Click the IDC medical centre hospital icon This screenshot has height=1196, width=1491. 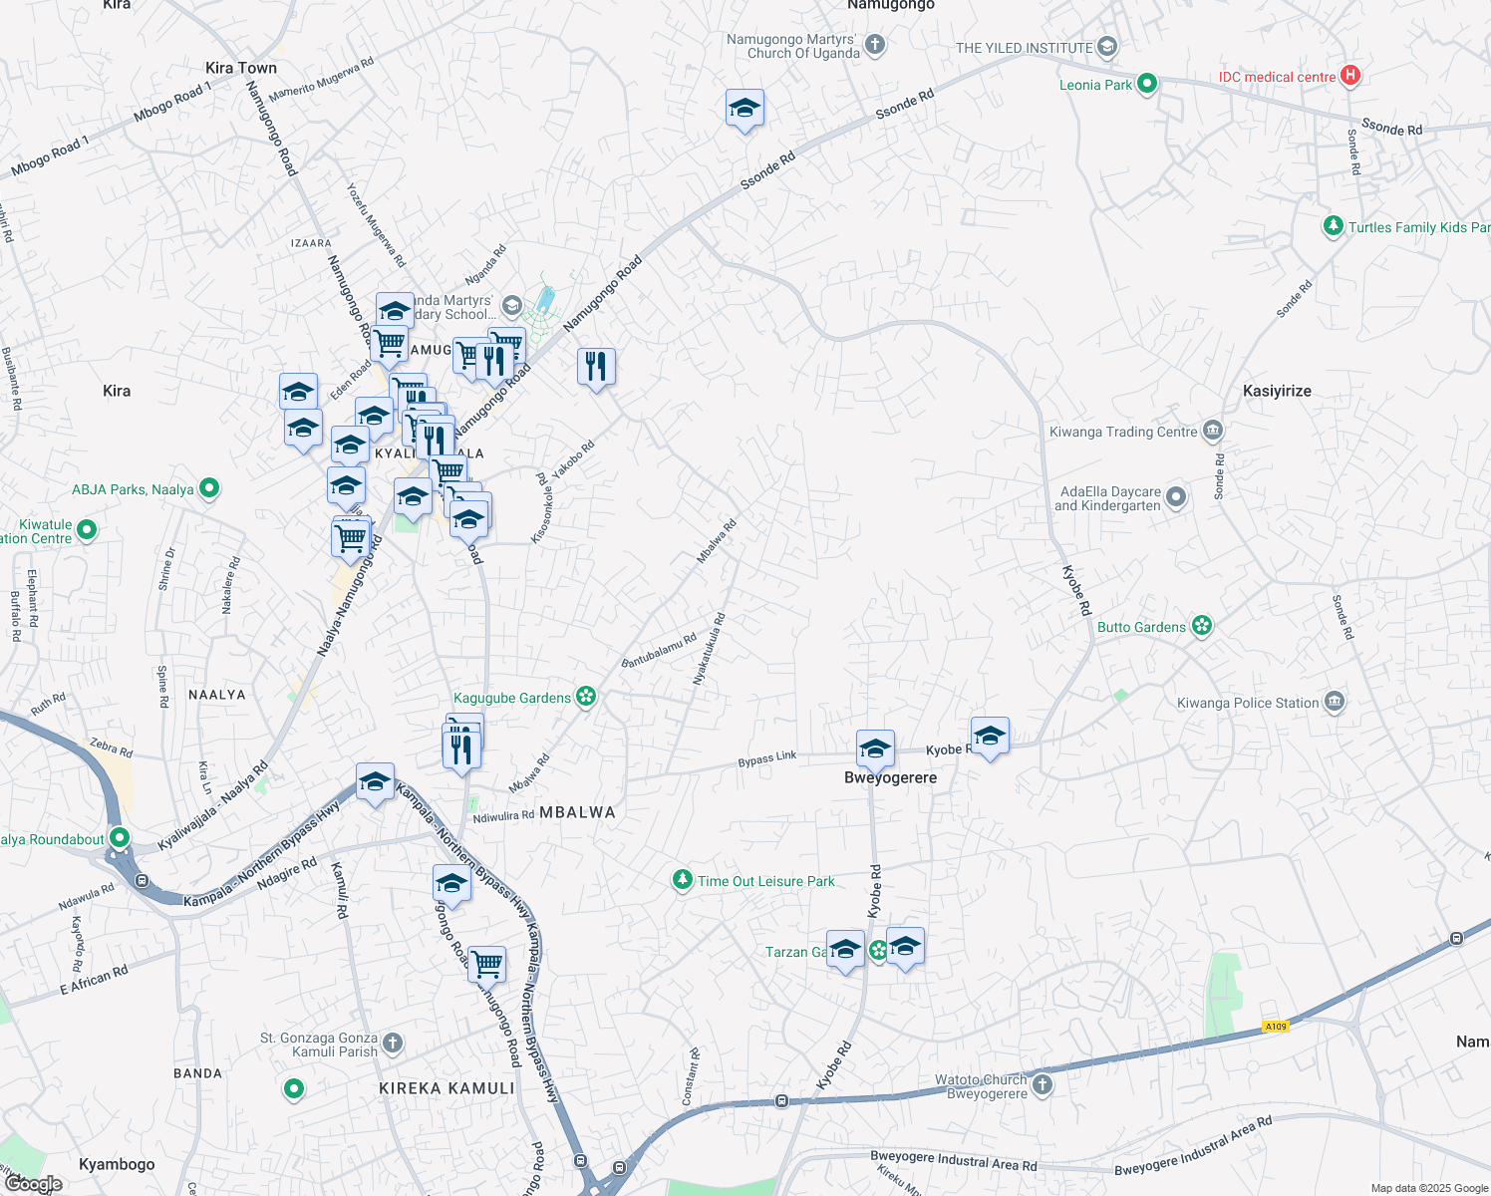tap(1349, 76)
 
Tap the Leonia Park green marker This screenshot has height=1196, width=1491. tap(1146, 85)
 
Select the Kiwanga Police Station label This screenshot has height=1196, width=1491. tap(1248, 704)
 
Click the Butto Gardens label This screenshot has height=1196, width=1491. tap(1141, 627)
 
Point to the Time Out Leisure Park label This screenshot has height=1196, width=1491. tap(765, 882)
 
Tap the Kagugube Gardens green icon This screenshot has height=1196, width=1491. tap(586, 697)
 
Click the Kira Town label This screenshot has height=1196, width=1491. tap(241, 68)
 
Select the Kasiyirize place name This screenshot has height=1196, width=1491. tap(1277, 391)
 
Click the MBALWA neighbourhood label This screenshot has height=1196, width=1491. tap(577, 813)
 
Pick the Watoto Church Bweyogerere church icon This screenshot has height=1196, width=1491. tap(1042, 1084)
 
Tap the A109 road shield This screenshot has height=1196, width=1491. tap(1275, 1027)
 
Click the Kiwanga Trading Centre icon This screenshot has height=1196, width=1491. tap(1213, 432)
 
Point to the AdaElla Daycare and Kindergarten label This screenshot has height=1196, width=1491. tap(1110, 498)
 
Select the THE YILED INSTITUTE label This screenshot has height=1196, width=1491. tap(1024, 48)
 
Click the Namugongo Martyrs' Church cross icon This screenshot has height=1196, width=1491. tap(875, 45)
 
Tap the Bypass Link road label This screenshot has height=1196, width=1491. tap(767, 758)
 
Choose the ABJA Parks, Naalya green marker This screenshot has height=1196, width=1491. tap(209, 489)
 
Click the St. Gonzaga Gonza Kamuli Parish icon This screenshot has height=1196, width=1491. tap(393, 1044)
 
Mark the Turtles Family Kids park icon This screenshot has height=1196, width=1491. tap(1333, 227)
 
